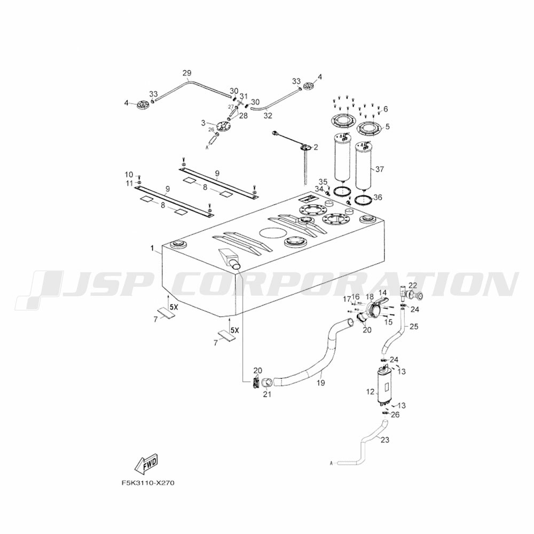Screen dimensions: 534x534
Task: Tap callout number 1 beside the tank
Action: pos(152,249)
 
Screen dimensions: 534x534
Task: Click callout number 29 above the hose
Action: pos(187,73)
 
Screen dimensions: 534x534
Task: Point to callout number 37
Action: pos(379,169)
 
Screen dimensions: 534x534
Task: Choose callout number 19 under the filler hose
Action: pos(320,383)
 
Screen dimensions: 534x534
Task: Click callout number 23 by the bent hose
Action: pos(385,440)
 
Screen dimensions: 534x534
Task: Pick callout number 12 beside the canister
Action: pos(370,392)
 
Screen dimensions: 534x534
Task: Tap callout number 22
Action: pos(413,285)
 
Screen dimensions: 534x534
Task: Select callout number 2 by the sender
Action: pos(316,147)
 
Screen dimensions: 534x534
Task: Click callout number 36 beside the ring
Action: pos(378,198)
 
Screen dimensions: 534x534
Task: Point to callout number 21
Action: pos(268,395)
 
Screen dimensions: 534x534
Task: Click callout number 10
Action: pos(129,175)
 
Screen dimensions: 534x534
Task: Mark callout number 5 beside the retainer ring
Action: pos(387,127)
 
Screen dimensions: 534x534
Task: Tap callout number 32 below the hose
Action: pos(268,116)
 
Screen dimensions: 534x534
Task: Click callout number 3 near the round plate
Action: pos(203,122)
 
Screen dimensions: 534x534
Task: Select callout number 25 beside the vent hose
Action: pos(414,327)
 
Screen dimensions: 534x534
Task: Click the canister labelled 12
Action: pos(384,386)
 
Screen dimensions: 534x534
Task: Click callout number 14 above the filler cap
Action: pos(382,293)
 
